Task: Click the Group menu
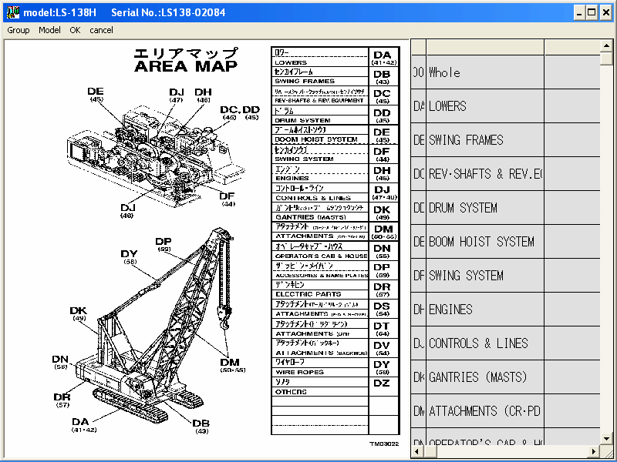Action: point(19,30)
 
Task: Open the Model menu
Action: point(49,30)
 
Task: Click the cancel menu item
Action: point(101,30)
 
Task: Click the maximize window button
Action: point(592,12)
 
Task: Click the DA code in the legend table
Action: point(383,55)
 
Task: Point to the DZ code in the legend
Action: point(382,383)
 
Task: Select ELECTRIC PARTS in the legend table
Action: point(308,294)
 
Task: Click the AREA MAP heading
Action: point(186,65)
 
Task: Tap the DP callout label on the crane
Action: point(164,242)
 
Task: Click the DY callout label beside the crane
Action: point(129,254)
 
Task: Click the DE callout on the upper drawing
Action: point(96,91)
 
